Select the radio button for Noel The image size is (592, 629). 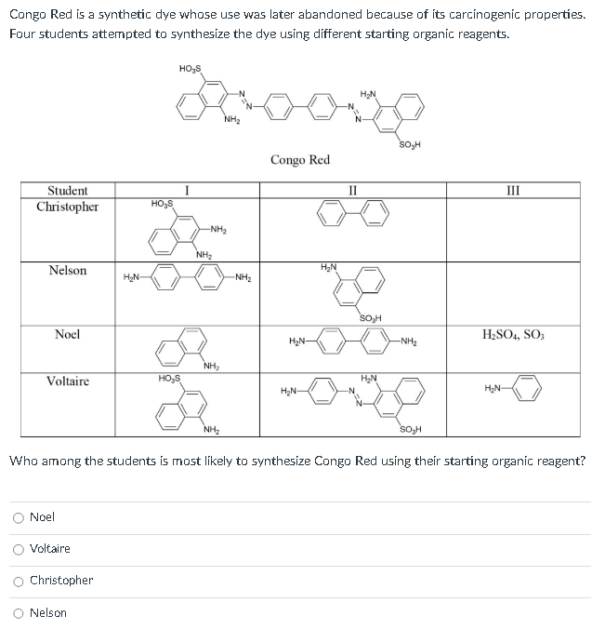(x=19, y=516)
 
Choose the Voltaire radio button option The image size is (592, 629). (x=19, y=548)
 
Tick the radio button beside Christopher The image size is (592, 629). (x=19, y=580)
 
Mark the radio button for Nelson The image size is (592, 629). (x=19, y=612)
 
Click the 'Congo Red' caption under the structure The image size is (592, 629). (x=299, y=160)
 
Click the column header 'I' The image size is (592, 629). (x=188, y=191)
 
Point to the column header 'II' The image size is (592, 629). (x=352, y=191)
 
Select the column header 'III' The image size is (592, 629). (x=512, y=191)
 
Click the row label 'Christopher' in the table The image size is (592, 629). (x=67, y=207)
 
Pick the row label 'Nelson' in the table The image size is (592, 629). (x=68, y=271)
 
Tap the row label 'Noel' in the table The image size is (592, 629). (x=67, y=334)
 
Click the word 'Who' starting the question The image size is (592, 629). (x=21, y=461)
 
